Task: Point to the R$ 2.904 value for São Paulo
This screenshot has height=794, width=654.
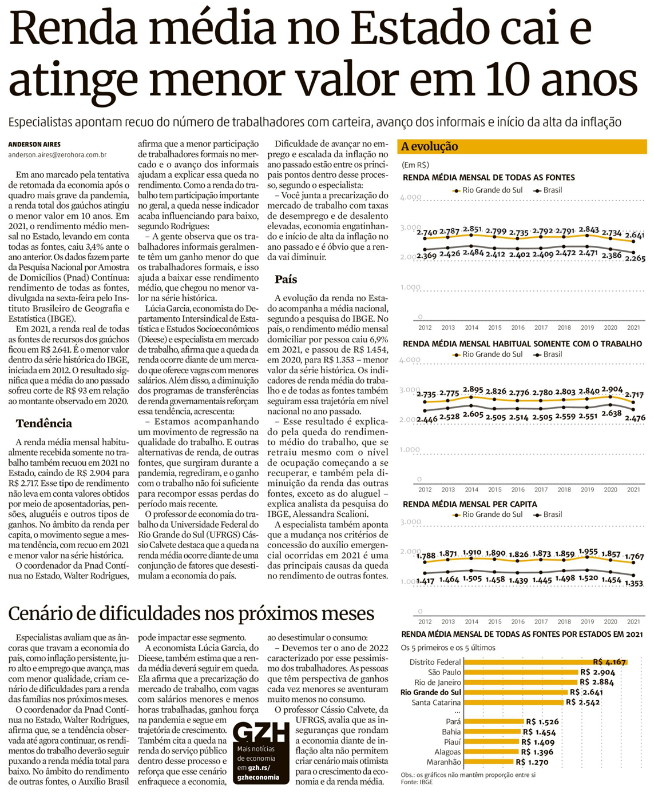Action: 597,672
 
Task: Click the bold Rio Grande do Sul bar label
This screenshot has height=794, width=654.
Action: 430,692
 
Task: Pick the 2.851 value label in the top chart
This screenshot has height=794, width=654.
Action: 472,229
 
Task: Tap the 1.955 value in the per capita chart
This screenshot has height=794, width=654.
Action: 588,552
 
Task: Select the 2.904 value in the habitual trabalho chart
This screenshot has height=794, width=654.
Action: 612,390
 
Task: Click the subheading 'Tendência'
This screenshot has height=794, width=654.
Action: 44,423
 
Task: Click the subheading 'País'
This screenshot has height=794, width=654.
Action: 286,279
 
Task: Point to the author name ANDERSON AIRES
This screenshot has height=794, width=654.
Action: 34,144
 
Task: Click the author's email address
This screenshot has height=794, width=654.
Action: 57,155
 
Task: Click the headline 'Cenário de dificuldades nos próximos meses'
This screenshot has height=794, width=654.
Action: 191,613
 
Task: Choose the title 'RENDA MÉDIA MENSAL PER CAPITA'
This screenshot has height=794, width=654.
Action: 470,504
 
